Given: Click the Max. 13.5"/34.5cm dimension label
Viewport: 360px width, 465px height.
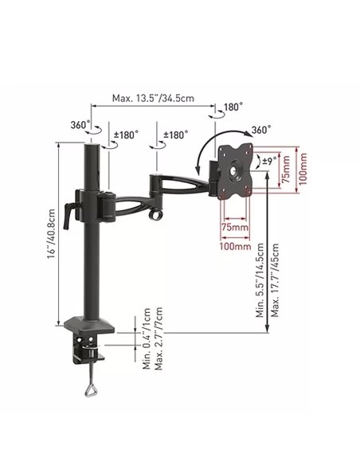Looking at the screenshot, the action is pos(153,98).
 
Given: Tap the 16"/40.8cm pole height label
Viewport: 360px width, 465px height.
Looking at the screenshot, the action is pos(51,234).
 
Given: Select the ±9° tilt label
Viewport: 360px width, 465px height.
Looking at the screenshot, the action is pos(269,162).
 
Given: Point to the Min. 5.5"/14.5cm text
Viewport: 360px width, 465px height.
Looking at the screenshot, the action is pos(260,280).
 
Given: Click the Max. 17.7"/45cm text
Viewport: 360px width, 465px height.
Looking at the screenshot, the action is pos(276,280).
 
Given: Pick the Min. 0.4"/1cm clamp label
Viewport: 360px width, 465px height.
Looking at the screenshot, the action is pos(147,338).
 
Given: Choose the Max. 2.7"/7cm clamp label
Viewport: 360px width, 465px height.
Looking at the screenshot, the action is pos(158,338).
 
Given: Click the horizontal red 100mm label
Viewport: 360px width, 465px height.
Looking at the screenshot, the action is pos(235,247).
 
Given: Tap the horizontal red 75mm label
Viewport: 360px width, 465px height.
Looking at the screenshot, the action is pos(235,228).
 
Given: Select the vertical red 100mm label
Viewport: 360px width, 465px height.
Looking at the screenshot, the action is pos(303,169).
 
